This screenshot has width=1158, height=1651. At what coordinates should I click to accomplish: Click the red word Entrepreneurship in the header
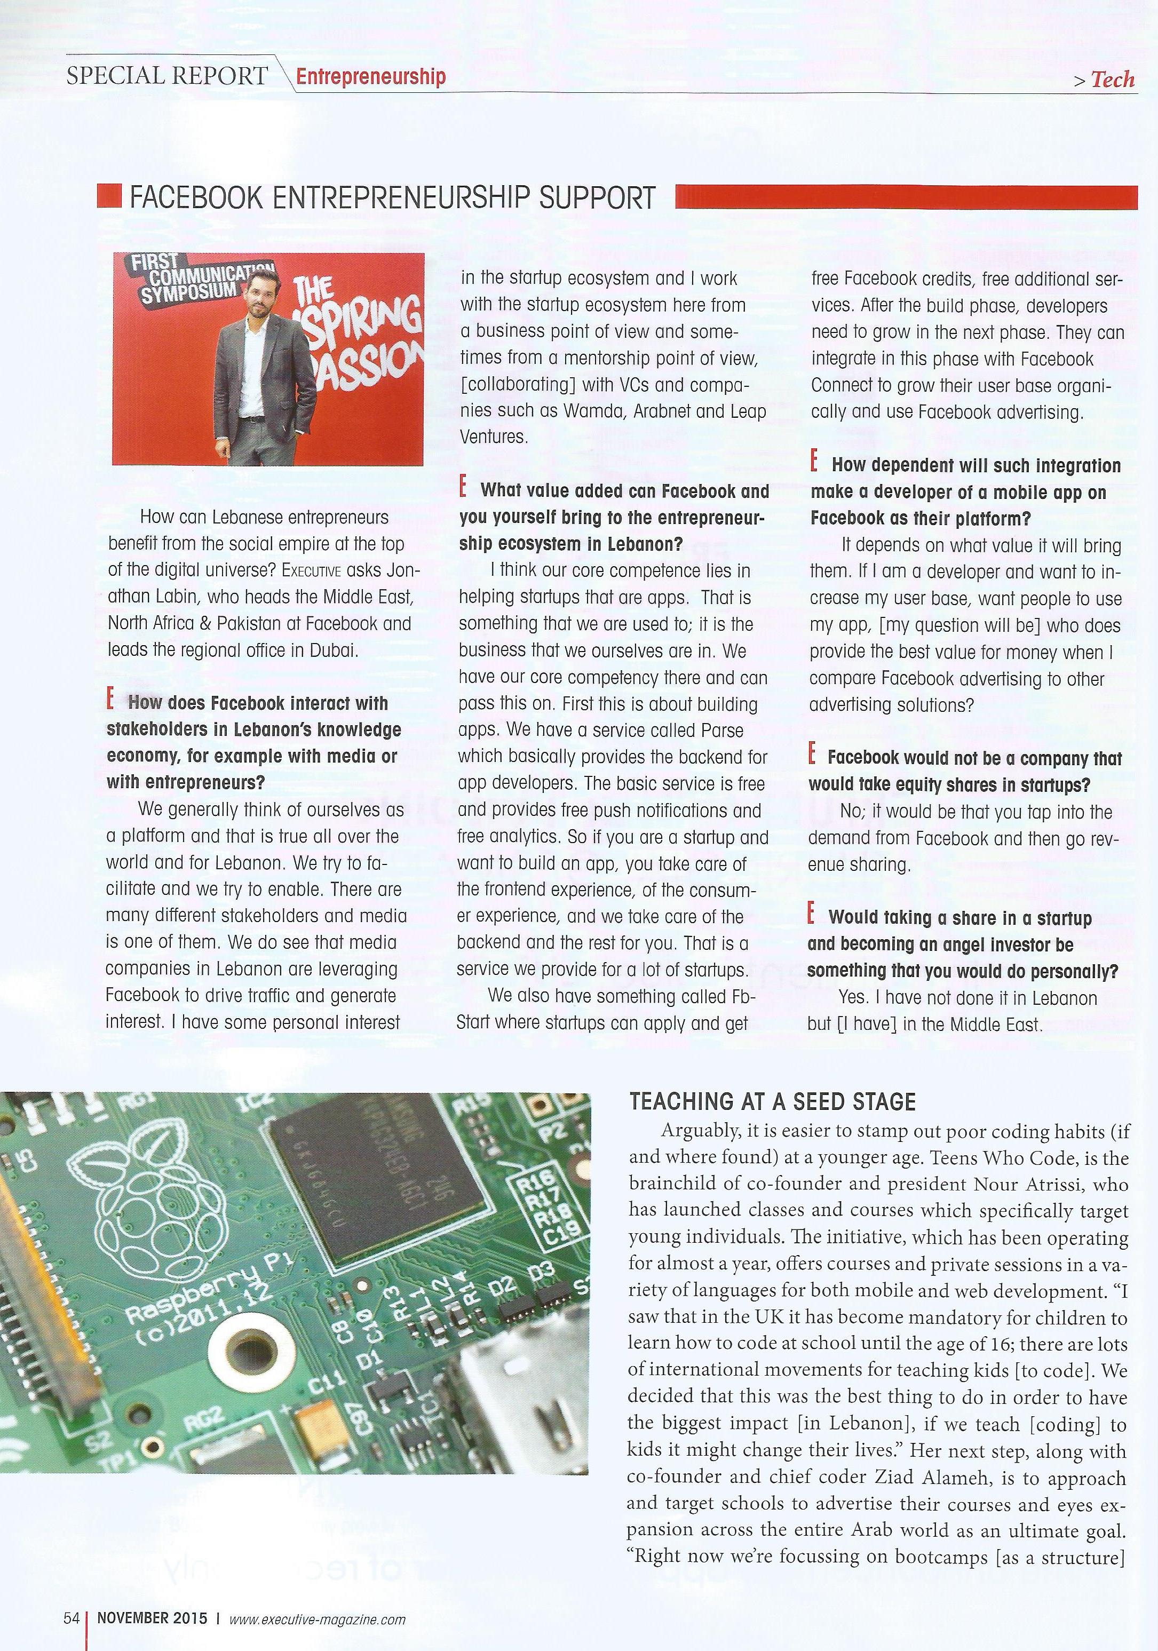point(370,76)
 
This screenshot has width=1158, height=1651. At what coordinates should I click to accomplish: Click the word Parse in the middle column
point(721,731)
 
